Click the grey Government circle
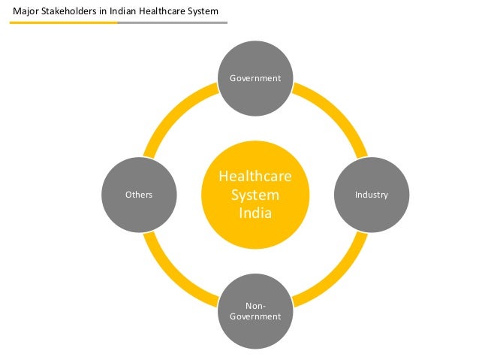(x=255, y=78)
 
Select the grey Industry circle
(x=371, y=195)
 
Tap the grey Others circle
(x=139, y=195)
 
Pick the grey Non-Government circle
(x=255, y=310)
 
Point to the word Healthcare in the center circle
(x=255, y=177)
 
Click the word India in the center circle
(x=255, y=213)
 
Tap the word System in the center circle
(x=255, y=195)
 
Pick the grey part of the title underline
(x=173, y=23)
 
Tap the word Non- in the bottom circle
(x=255, y=305)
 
